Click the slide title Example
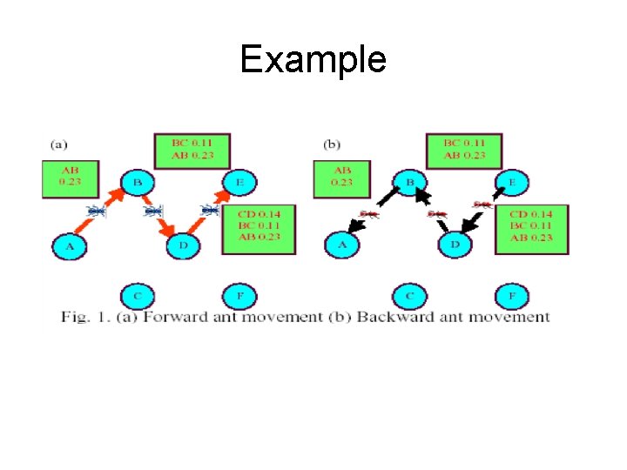(313, 59)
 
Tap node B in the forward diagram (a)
(137, 183)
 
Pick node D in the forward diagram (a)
(183, 246)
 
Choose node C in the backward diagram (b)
(410, 296)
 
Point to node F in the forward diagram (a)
(239, 296)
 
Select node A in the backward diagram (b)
(343, 246)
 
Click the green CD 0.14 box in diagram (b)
(531, 228)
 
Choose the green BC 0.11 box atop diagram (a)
(185, 150)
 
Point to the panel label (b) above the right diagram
(332, 143)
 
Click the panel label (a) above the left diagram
(60, 143)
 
